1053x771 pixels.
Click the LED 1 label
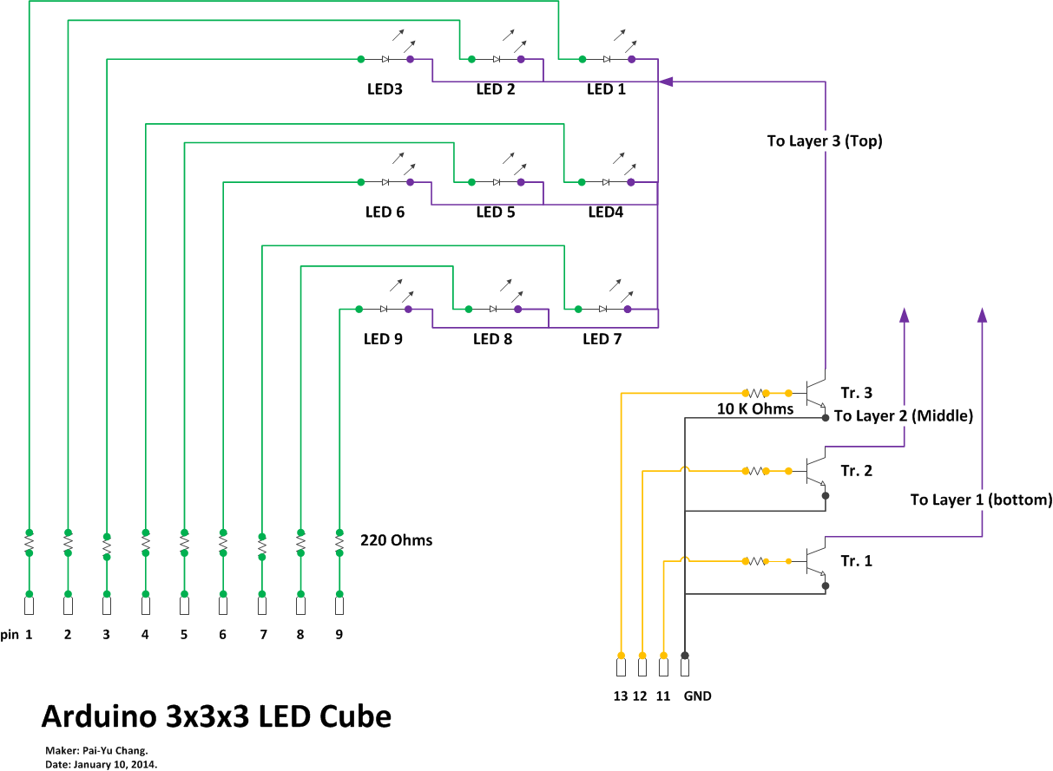(x=606, y=88)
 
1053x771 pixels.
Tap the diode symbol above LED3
(x=385, y=59)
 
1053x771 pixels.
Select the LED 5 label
(x=496, y=212)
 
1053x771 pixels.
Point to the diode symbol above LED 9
(x=383, y=309)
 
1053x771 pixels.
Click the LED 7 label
(x=602, y=339)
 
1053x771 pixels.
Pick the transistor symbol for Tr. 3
(x=814, y=392)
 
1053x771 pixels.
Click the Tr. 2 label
(x=856, y=471)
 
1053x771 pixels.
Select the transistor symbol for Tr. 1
(x=814, y=561)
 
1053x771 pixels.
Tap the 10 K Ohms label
(x=755, y=408)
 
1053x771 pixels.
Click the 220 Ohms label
(x=396, y=540)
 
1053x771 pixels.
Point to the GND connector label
(x=698, y=696)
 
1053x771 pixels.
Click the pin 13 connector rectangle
(x=621, y=668)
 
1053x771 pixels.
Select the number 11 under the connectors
(x=663, y=696)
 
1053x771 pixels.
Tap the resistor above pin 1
(x=29, y=543)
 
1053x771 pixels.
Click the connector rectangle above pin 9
(x=339, y=605)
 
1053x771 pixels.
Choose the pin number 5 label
(x=184, y=634)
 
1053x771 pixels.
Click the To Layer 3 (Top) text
(x=825, y=140)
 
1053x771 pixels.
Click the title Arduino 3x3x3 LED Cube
(x=216, y=717)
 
